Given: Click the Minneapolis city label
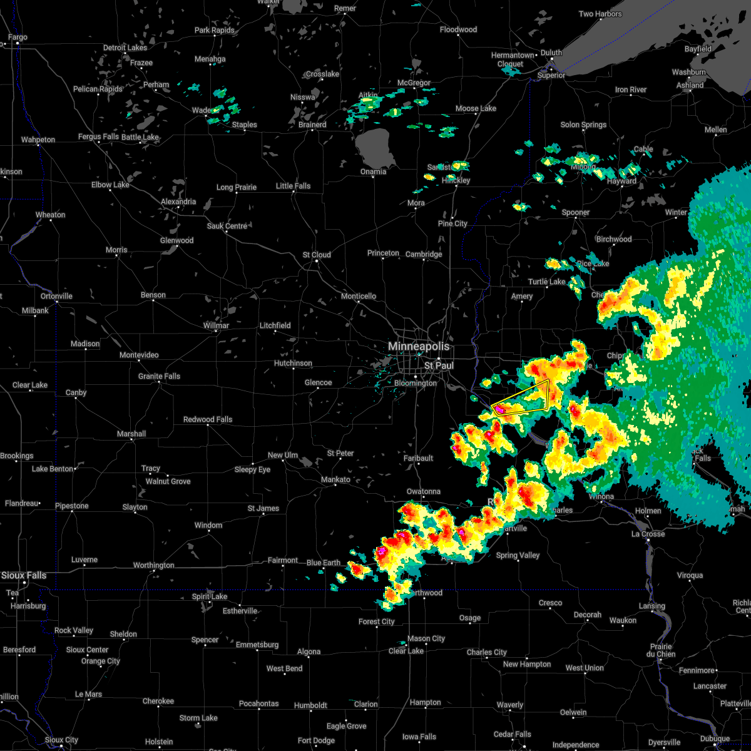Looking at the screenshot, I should tap(419, 346).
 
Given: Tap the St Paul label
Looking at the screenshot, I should tap(439, 365).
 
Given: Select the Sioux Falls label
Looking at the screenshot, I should tap(24, 575).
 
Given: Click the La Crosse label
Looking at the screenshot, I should tap(648, 534).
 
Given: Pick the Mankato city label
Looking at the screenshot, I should tap(335, 479).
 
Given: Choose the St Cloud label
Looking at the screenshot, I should tap(317, 255).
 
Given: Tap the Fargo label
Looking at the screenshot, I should tap(18, 38).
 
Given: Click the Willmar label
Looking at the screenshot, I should tap(216, 325).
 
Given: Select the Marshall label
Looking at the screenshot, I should tap(131, 434).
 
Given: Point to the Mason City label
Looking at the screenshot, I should tap(426, 638).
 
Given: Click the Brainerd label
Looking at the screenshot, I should tap(312, 125).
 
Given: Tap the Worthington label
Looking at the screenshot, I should tap(153, 565).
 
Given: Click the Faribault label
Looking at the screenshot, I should tap(418, 458).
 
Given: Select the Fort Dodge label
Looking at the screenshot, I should tap(316, 740).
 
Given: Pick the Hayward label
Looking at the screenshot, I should tap(621, 181).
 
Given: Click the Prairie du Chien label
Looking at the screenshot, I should tap(662, 650).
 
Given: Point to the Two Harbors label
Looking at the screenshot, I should tap(600, 14).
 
